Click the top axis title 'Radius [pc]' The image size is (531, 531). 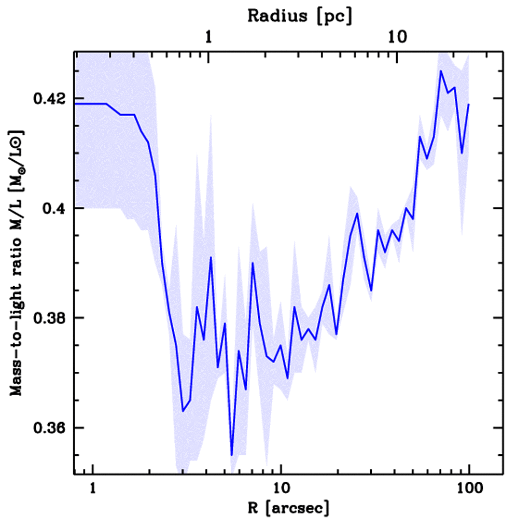click(300, 16)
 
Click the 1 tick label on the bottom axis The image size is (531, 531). click(93, 488)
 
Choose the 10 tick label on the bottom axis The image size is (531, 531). click(281, 488)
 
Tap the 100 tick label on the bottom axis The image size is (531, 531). click(469, 488)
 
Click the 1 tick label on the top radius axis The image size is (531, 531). click(208, 37)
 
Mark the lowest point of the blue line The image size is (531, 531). click(232, 455)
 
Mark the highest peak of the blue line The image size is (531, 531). click(441, 71)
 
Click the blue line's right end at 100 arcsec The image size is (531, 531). click(469, 104)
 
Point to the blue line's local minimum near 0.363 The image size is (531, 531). click(183, 411)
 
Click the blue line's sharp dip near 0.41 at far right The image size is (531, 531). click(462, 153)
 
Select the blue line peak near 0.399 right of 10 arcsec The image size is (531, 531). click(357, 213)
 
